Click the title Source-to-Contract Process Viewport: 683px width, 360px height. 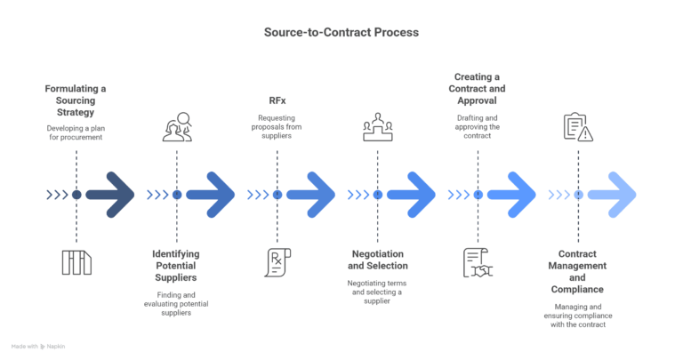pyautogui.click(x=341, y=32)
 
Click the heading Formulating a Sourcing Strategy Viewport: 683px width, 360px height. pyautogui.click(x=76, y=101)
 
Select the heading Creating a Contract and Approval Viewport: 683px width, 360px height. pyautogui.click(x=478, y=89)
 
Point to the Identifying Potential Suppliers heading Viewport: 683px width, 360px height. pyautogui.click(x=176, y=265)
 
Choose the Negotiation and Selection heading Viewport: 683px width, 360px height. pyautogui.click(x=378, y=260)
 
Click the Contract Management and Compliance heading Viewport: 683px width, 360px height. pyautogui.click(x=580, y=276)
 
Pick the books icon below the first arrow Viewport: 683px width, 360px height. pyautogui.click(x=76, y=262)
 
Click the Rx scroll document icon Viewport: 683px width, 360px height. pyautogui.click(x=277, y=262)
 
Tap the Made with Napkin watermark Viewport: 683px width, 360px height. pyautogui.click(x=41, y=346)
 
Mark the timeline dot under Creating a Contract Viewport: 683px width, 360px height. pyautogui.click(x=478, y=195)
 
